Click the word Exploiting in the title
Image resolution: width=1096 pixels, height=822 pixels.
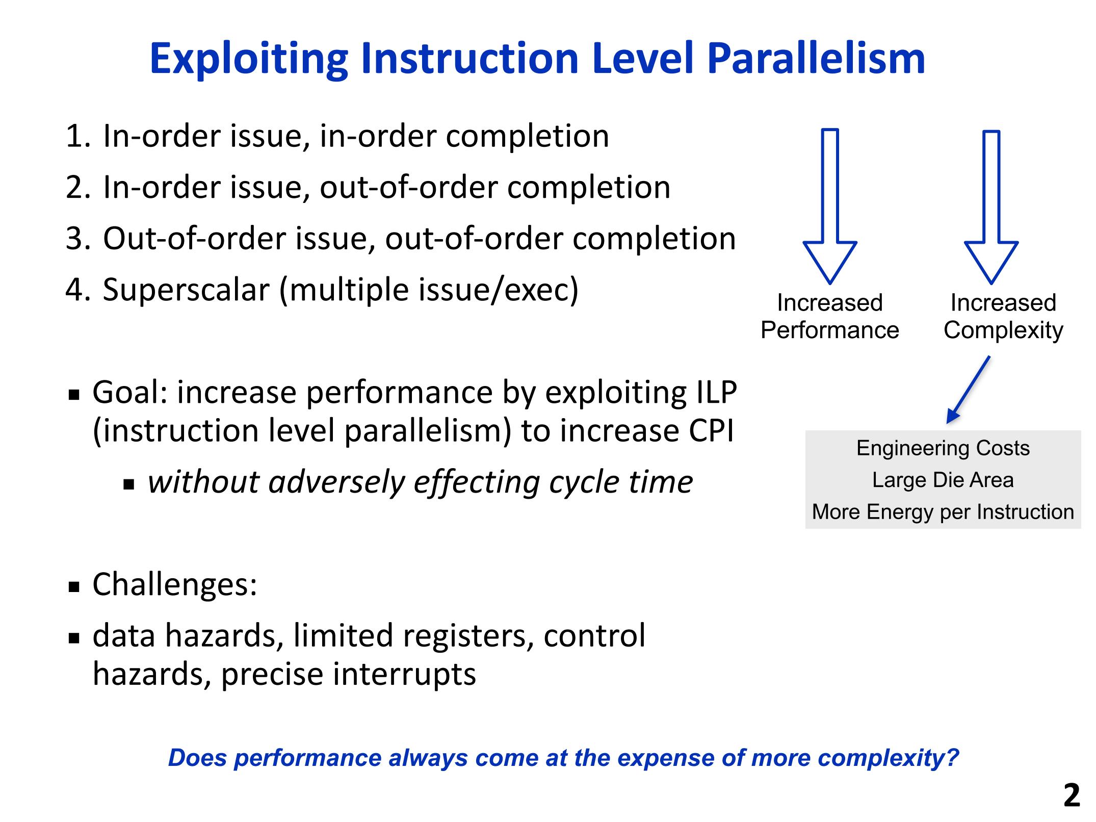point(249,59)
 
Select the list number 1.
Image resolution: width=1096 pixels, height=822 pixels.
point(75,136)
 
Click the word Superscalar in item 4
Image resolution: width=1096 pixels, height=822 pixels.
point(186,290)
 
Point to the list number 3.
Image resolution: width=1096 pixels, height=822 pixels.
point(75,239)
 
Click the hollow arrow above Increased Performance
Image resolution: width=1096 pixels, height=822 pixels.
point(830,206)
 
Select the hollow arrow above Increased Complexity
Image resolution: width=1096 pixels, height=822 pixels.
point(991,207)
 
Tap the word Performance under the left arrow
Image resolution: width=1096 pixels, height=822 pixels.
point(830,330)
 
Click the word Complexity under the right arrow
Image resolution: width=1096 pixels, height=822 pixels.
point(1003,331)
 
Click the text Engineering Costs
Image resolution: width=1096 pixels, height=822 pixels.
point(943,448)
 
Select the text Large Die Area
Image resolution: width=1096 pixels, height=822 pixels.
point(943,480)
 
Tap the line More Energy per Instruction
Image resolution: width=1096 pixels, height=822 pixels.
point(943,511)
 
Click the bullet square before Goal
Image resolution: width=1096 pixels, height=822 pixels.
point(74,395)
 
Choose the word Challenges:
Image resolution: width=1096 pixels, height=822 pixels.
point(175,584)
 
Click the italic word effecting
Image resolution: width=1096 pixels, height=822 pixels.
point(477,482)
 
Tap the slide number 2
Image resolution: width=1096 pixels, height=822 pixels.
point(1072,795)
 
